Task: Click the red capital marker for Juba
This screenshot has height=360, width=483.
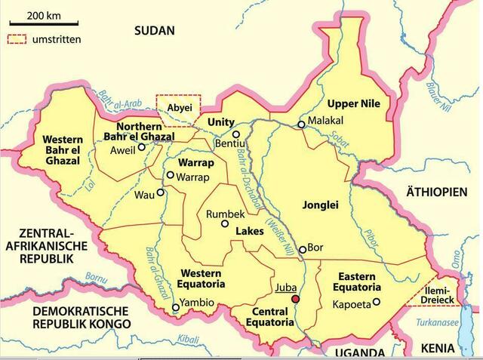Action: (x=296, y=299)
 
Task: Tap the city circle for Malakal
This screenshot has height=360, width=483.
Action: (x=301, y=125)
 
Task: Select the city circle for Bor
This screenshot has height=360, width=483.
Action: (x=303, y=249)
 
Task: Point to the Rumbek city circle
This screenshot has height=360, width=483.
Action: (x=223, y=223)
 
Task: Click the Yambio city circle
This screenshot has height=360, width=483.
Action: (x=176, y=307)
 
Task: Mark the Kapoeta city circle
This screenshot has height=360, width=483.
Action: (x=376, y=303)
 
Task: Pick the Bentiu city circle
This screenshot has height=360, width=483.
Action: (x=235, y=134)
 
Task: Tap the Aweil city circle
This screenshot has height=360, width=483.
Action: (x=141, y=147)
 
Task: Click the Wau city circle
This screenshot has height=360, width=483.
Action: (x=160, y=192)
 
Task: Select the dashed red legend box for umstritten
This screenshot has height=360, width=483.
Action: (x=17, y=38)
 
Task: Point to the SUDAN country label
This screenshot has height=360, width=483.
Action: (x=154, y=31)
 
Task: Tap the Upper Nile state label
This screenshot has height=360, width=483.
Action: (x=353, y=103)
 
